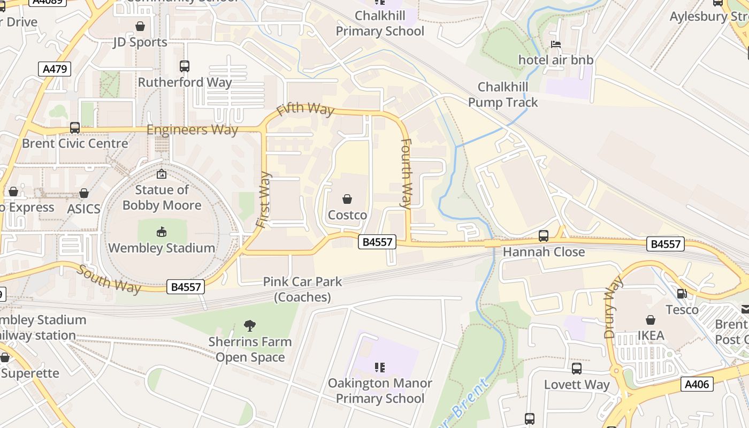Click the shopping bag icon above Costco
point(347,199)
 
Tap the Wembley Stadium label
point(162,248)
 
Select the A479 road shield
point(55,68)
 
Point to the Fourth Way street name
point(407,173)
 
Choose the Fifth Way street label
point(305,109)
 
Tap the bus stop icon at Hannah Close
point(544,235)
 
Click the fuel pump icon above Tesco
point(682,293)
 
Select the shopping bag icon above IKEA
point(651,320)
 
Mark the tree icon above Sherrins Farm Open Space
point(249,325)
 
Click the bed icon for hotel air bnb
point(556,44)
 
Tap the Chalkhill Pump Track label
point(503,94)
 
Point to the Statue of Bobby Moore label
point(162,197)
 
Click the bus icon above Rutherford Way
point(185,66)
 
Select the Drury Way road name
point(614,307)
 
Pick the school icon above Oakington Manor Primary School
point(380,367)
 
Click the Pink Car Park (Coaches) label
point(302,289)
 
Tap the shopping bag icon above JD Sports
point(140,26)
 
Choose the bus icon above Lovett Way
point(577,368)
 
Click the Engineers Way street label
point(192,130)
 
